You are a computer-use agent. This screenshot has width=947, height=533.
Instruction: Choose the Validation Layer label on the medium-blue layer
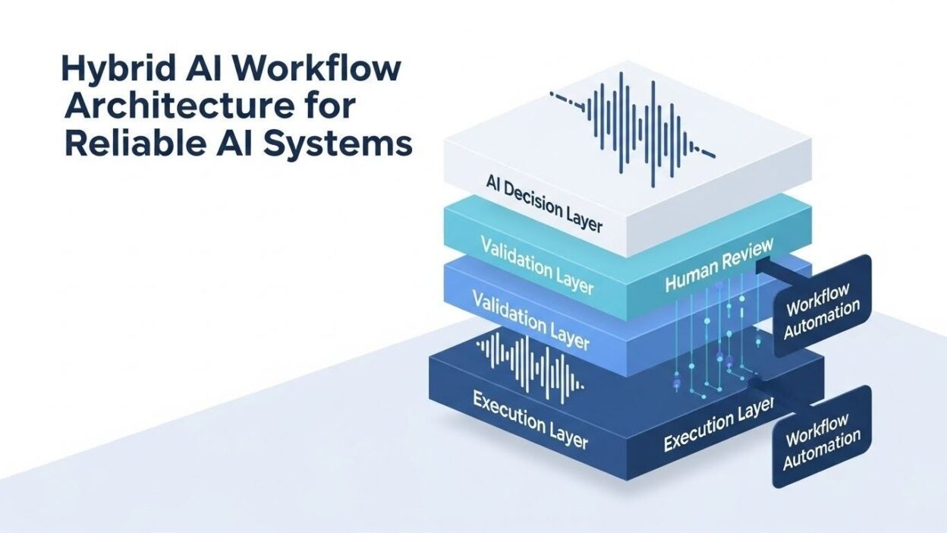pos(530,319)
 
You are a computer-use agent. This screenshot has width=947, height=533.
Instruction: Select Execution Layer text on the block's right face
pos(718,428)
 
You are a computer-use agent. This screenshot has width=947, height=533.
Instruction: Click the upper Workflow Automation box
pos(823,306)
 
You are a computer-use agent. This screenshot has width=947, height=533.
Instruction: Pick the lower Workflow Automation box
pos(821,436)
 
